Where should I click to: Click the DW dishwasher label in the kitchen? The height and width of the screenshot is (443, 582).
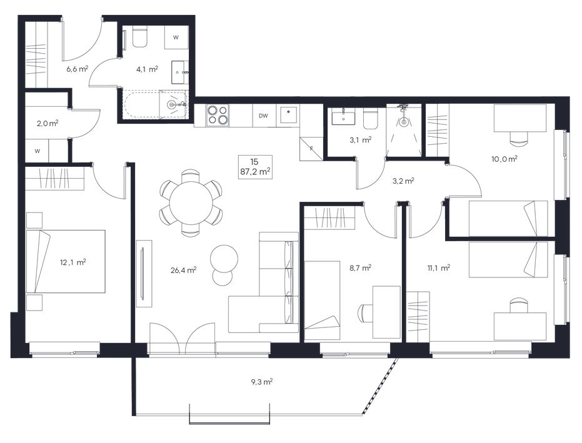263,116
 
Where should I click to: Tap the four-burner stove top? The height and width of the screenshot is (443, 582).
218,114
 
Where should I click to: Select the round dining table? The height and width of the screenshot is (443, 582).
191,203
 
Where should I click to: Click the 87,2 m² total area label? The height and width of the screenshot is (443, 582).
254,171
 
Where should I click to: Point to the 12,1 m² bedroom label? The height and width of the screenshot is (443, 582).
73,262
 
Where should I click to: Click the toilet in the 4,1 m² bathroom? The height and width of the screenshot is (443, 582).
139,37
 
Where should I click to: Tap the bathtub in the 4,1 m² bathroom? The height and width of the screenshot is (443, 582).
155,104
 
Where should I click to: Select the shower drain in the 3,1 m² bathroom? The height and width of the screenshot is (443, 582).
403,121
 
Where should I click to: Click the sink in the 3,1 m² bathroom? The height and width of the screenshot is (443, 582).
343,117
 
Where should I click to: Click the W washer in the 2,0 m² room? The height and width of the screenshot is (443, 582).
37,151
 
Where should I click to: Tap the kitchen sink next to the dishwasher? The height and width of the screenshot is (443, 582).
288,115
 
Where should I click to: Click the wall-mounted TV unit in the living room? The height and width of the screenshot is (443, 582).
144,273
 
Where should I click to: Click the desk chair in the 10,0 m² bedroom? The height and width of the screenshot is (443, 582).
518,138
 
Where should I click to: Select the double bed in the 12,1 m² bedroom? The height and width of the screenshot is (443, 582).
66,261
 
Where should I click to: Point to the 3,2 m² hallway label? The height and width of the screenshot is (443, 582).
403,181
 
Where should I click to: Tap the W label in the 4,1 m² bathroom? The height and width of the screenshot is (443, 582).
176,37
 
